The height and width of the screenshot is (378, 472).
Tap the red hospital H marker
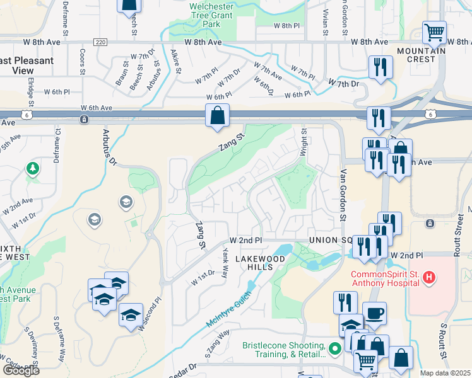429,277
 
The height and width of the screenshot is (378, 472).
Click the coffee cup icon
375,313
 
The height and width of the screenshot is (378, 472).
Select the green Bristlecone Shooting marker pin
335,346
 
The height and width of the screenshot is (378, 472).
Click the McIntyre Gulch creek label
231,306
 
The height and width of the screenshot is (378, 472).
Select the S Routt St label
444,340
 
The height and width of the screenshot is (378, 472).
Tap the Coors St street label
83,61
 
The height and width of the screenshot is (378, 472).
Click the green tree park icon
32,168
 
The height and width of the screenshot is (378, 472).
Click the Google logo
20,370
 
